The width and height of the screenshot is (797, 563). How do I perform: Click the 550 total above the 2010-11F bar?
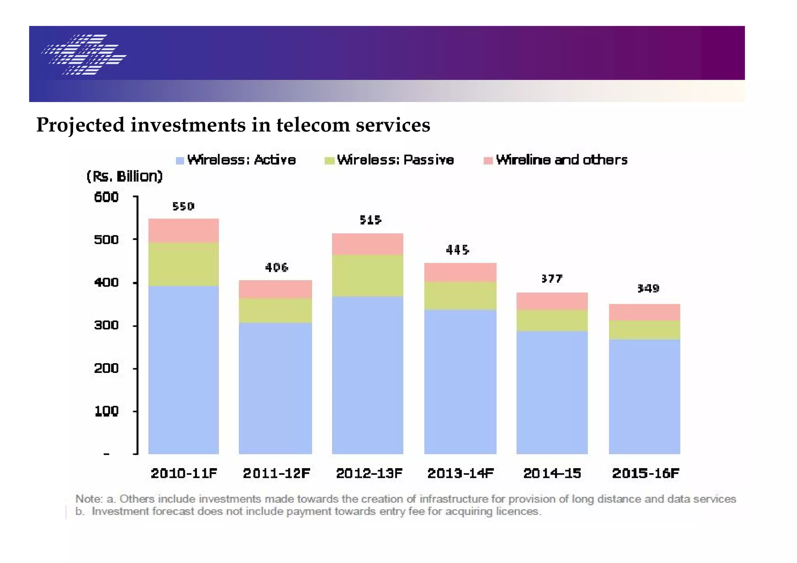[183, 206]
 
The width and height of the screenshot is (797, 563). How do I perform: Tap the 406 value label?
[276, 267]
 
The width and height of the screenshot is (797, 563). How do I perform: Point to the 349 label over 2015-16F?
[648, 288]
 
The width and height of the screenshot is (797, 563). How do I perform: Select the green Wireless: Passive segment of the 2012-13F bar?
[367, 275]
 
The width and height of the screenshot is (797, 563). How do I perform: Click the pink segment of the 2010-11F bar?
[183, 230]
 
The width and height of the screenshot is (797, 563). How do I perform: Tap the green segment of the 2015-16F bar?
[644, 330]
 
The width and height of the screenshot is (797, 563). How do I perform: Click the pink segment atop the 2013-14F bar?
[460, 272]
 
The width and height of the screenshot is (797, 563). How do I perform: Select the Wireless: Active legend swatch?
[180, 161]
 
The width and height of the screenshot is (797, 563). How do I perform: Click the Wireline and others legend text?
[562, 160]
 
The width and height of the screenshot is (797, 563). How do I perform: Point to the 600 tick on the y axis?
[106, 197]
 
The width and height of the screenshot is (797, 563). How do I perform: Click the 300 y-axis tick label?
[106, 325]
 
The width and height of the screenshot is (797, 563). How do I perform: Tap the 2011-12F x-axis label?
[276, 473]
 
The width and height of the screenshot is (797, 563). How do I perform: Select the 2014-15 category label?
[552, 473]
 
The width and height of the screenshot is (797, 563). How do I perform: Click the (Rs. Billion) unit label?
[124, 177]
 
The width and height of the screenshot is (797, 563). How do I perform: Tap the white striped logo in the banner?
[84, 54]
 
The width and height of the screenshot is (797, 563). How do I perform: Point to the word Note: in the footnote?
[89, 499]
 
